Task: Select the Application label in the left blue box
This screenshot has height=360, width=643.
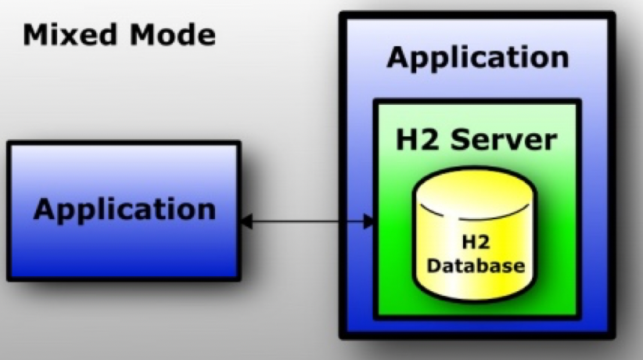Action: click(x=124, y=210)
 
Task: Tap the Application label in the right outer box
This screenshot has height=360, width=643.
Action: click(x=477, y=58)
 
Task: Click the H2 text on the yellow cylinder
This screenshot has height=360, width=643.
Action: click(x=477, y=243)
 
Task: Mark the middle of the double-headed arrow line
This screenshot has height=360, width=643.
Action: click(x=307, y=222)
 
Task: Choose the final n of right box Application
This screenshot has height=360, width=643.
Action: click(x=559, y=58)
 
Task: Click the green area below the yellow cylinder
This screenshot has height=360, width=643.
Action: click(x=477, y=310)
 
